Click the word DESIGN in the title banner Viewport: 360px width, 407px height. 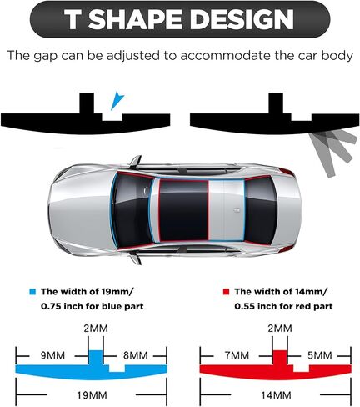pyautogui.click(x=242, y=19)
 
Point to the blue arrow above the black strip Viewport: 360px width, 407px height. pyautogui.click(x=117, y=101)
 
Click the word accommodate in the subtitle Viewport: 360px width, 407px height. pyautogui.click(x=226, y=55)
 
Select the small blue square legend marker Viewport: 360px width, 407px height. pyautogui.click(x=32, y=292)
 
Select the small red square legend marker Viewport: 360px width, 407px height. pyautogui.click(x=227, y=292)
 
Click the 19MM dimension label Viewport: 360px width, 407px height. pyautogui.click(x=92, y=395)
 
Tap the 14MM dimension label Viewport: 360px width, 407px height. pyautogui.click(x=276, y=395)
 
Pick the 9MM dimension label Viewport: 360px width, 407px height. pyautogui.click(x=52, y=355)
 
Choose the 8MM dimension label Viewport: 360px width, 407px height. pyautogui.click(x=135, y=355)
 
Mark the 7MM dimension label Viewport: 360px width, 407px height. pyautogui.click(x=237, y=355)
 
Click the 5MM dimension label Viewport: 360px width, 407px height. pyautogui.click(x=320, y=355)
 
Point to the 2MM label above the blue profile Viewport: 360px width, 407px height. pyautogui.click(x=96, y=329)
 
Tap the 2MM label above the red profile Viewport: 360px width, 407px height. pyautogui.click(x=280, y=329)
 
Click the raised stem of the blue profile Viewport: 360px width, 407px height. pyautogui.click(x=96, y=357)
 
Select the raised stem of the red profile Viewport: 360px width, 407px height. pyautogui.click(x=280, y=357)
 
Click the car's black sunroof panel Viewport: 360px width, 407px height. pyautogui.click(x=183, y=210)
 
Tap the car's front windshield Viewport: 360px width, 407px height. pyautogui.click(x=132, y=210)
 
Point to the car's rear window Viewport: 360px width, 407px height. pyautogui.click(x=260, y=209)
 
